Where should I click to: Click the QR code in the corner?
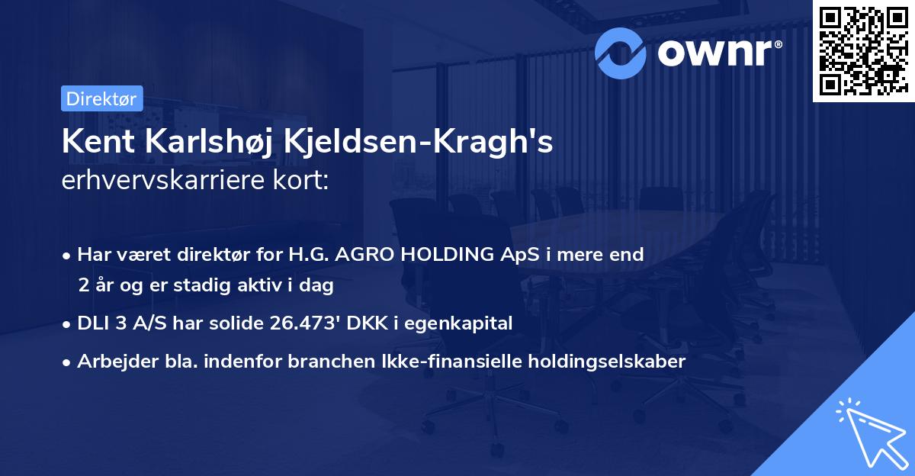coord(864,50)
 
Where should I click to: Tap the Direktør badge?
coord(101,98)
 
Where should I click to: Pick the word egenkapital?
coord(467,323)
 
